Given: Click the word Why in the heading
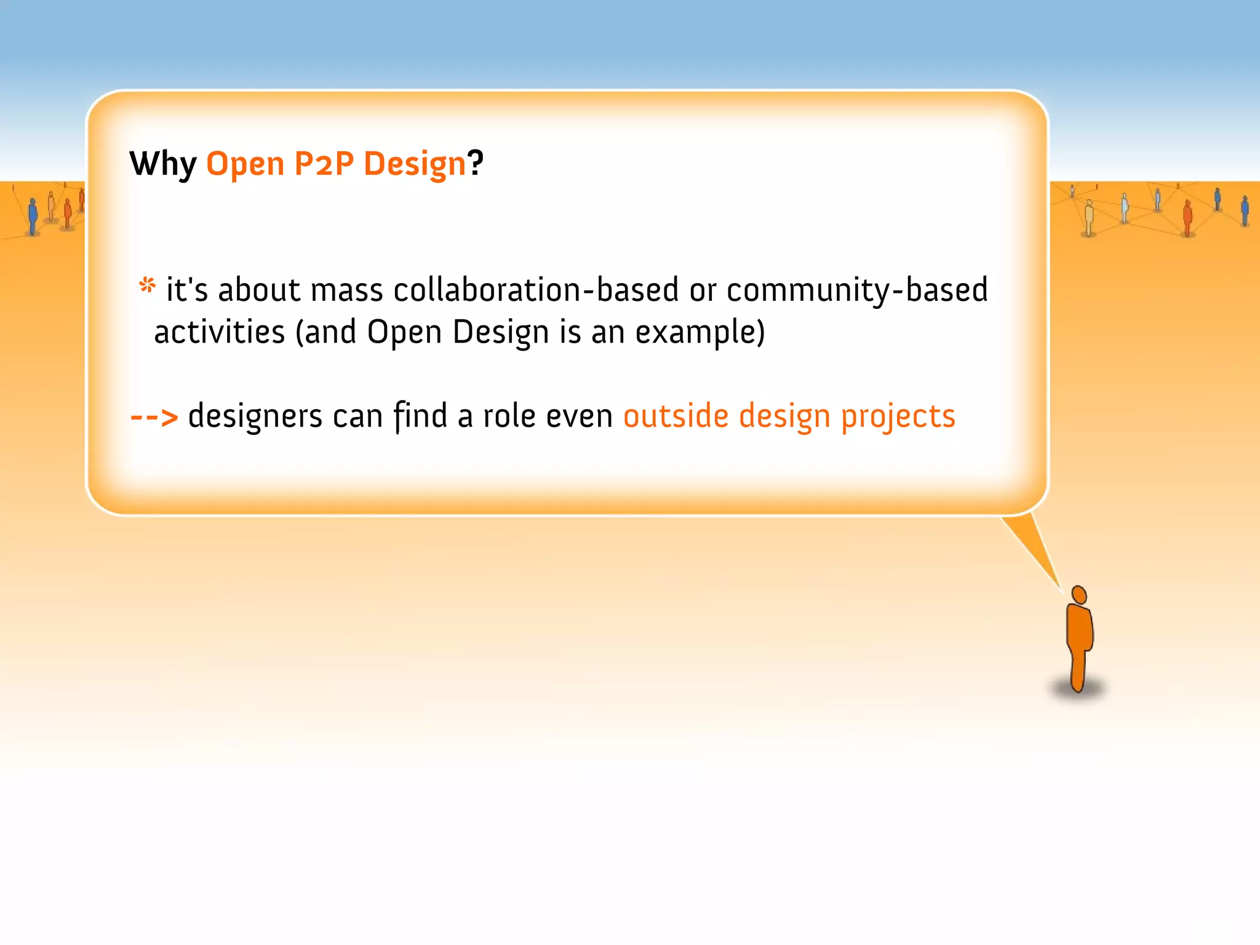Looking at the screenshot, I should tap(162, 164).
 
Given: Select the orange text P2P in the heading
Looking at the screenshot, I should tap(324, 164).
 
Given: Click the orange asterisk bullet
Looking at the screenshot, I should tap(147, 285).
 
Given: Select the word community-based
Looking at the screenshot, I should tap(857, 290).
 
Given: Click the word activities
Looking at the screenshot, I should tap(219, 332).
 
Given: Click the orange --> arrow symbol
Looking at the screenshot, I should tap(154, 417).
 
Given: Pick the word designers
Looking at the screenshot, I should tap(255, 417).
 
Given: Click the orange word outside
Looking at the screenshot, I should tap(676, 416).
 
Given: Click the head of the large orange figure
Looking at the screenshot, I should tap(1079, 595).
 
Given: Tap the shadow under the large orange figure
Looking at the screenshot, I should tap(1078, 691).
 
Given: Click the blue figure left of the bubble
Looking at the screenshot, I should tap(33, 216).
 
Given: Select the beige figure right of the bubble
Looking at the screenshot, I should tap(1089, 218).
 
